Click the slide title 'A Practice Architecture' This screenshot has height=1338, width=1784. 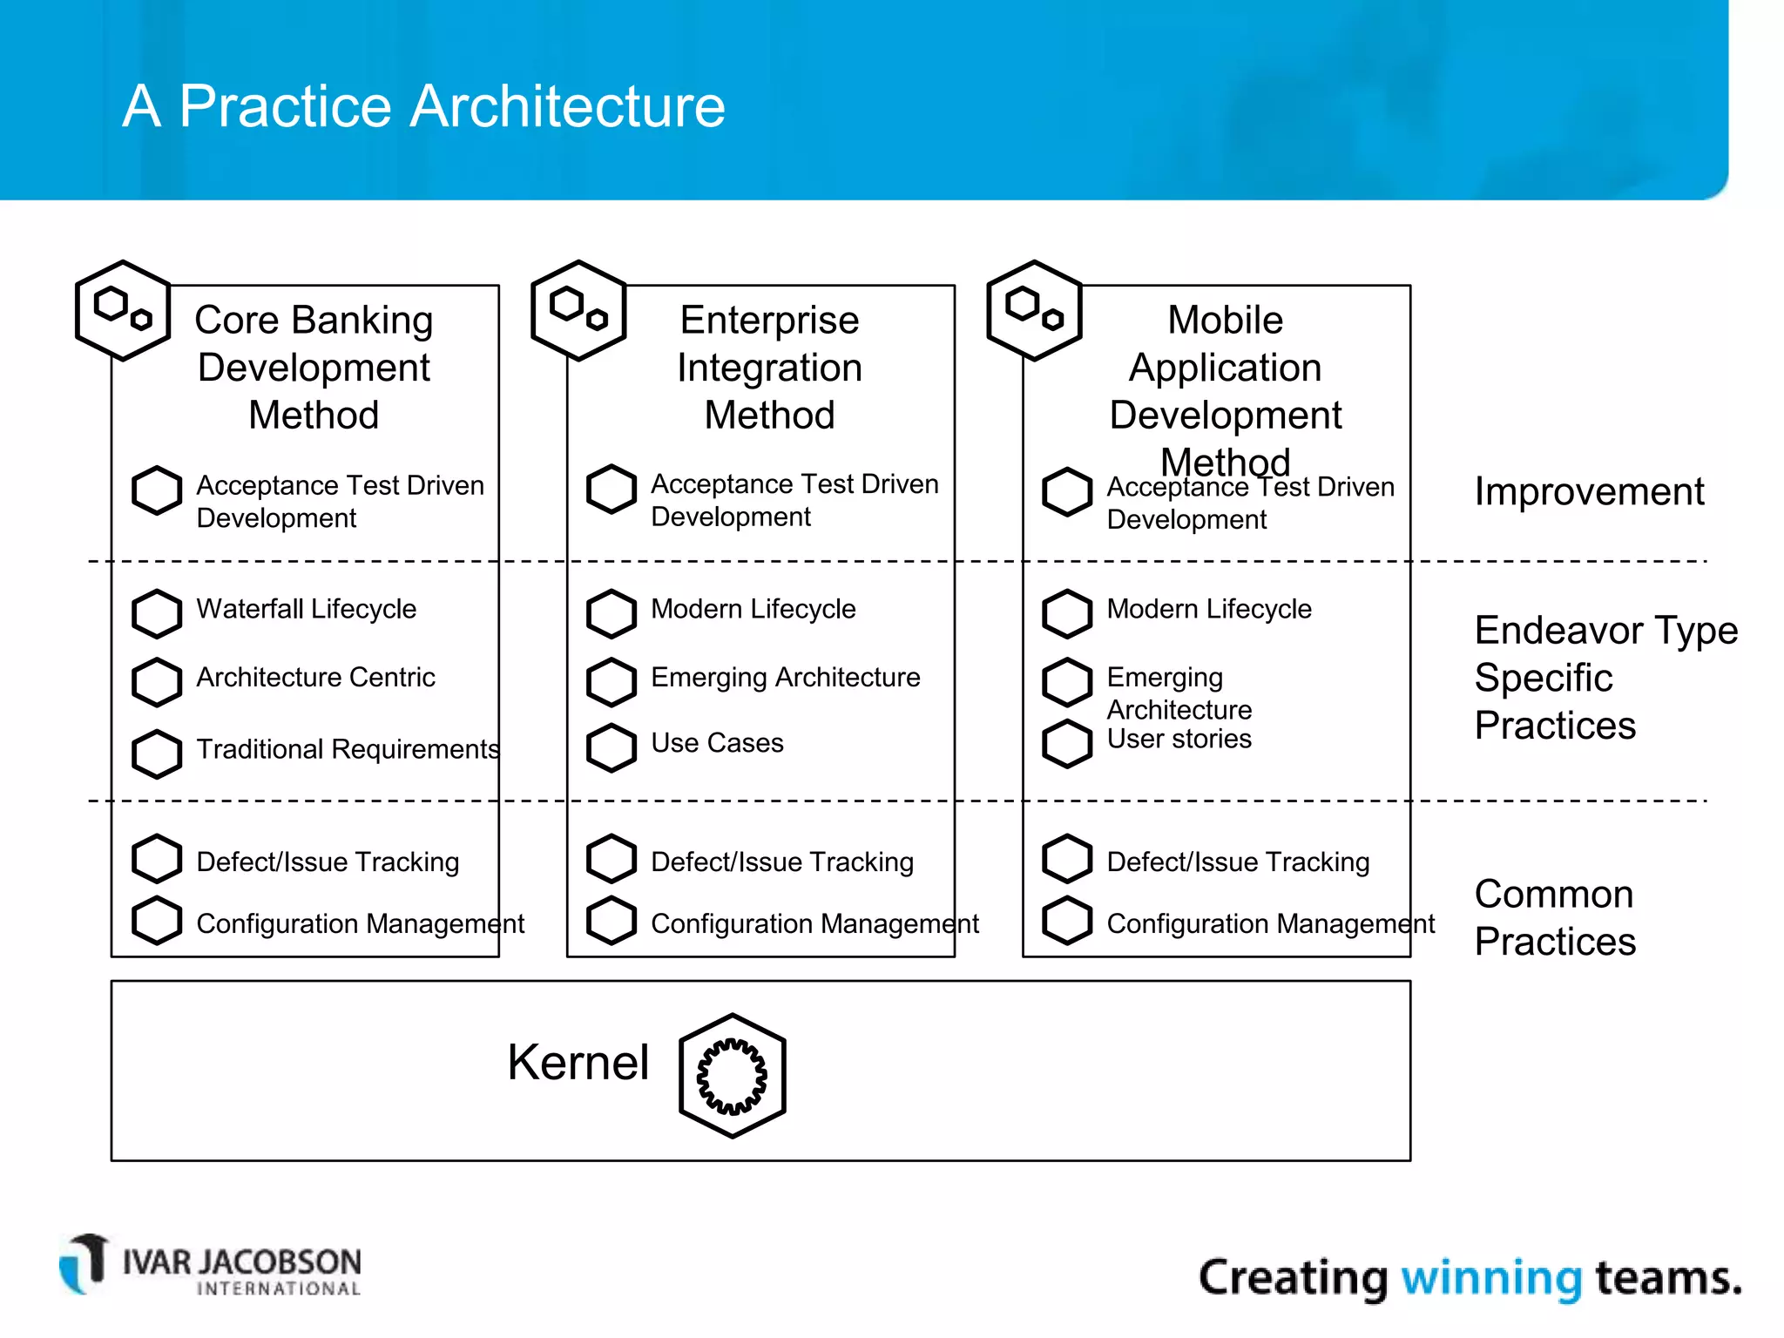pos(423,106)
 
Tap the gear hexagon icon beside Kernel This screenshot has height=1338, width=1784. pos(732,1076)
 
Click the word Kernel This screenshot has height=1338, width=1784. pos(578,1063)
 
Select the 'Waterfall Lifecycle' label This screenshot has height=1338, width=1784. pos(306,609)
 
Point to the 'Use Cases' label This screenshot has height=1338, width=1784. pos(717,743)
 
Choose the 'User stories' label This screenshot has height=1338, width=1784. pos(1179,740)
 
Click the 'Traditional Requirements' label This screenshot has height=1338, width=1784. pos(348,749)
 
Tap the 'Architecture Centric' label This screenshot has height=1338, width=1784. pos(315,678)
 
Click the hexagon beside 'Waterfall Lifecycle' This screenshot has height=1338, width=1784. pos(157,612)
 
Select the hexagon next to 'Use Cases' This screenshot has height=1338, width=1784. pos(612,747)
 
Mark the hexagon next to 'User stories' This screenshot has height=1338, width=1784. pos(1067,744)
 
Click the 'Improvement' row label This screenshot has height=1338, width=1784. pos(1589,492)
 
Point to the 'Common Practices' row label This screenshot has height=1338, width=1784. pos(1555,918)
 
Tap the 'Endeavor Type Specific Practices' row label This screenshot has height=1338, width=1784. pos(1605,678)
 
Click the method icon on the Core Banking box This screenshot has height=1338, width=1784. pos(123,310)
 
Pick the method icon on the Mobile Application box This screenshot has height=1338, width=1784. pos(1034,310)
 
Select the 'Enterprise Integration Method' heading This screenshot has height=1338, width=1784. pos(769,368)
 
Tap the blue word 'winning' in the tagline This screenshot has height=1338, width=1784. pos(1491,1278)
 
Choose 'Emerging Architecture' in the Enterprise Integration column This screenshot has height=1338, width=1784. pos(785,678)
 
